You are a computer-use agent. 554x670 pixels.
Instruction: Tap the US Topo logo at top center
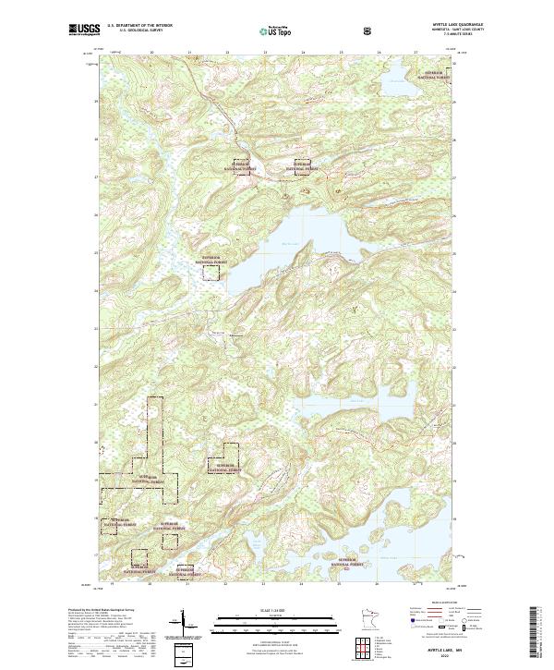[x=276, y=30]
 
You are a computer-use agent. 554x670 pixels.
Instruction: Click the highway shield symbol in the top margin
[x=367, y=30]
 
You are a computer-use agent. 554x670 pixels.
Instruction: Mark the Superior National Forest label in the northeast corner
[x=436, y=73]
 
